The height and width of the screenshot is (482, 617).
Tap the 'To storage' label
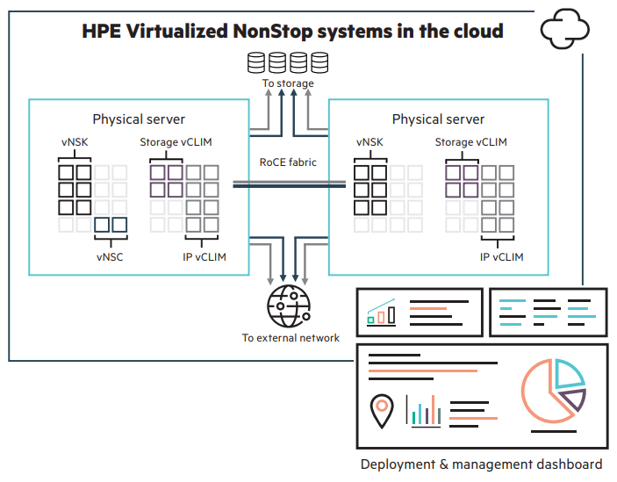288,84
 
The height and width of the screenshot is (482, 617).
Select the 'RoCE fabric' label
288,162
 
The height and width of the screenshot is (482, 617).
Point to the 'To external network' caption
291,337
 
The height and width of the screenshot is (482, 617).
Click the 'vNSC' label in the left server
111,257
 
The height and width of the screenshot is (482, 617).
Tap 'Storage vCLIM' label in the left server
176,142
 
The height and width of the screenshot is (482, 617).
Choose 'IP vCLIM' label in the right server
501,257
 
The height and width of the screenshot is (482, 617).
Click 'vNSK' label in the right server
369,142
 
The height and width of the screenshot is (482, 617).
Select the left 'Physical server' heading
139,119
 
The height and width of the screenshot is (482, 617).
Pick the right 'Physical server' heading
438,119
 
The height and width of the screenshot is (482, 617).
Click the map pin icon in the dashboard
382,411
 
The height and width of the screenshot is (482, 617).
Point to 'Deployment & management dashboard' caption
481,464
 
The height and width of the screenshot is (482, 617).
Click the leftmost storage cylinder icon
257,62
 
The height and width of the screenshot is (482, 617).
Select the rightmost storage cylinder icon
319,62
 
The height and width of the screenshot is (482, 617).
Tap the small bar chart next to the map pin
422,411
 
